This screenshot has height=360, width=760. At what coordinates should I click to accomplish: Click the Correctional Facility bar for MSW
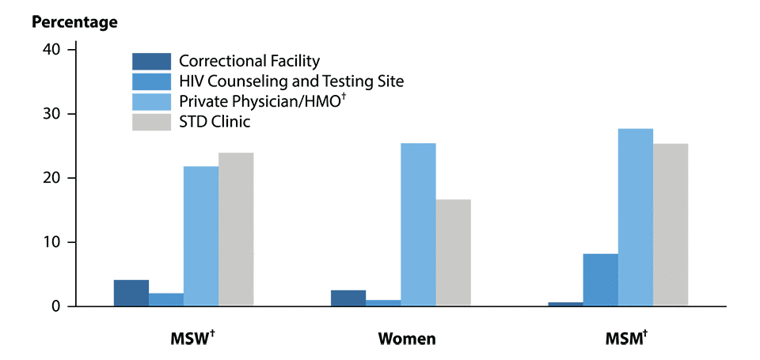pyautogui.click(x=131, y=293)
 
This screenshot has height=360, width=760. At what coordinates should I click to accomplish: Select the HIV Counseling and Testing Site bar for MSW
pyautogui.click(x=166, y=300)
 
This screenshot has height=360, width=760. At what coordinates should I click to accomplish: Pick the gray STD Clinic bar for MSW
pyautogui.click(x=236, y=229)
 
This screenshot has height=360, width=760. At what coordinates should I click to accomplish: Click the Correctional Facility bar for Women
pyautogui.click(x=348, y=298)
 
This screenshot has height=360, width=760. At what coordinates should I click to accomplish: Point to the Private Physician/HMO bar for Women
pyautogui.click(x=418, y=225)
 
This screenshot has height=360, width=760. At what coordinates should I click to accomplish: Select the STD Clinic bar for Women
pyautogui.click(x=453, y=252)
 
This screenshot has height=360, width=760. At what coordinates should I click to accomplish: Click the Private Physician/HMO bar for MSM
pyautogui.click(x=635, y=217)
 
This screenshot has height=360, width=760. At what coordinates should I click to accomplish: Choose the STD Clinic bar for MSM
pyautogui.click(x=670, y=225)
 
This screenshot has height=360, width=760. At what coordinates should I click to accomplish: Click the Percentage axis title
pyautogui.click(x=74, y=22)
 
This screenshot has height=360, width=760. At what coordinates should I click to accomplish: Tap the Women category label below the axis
pyautogui.click(x=407, y=340)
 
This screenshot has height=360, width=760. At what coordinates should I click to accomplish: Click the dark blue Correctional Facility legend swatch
pyautogui.click(x=151, y=61)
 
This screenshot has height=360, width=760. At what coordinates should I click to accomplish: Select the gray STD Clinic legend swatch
pyautogui.click(x=151, y=122)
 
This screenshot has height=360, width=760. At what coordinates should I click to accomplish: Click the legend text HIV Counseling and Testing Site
pyautogui.click(x=291, y=81)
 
